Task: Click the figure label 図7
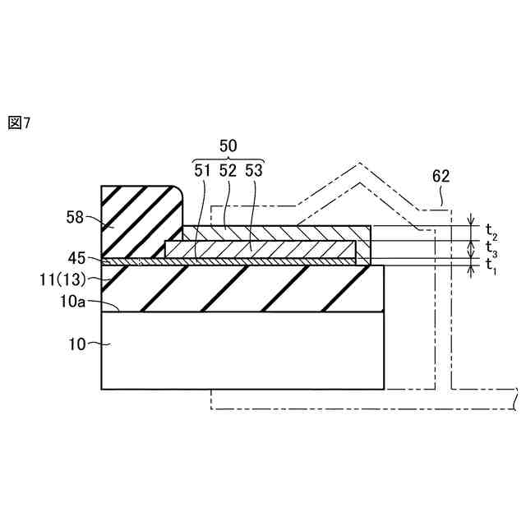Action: pyautogui.click(x=19, y=123)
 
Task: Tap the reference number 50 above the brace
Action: pyautogui.click(x=228, y=145)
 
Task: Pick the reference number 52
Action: pyautogui.click(x=228, y=171)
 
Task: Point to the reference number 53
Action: pyautogui.click(x=254, y=171)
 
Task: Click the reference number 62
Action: pyautogui.click(x=441, y=176)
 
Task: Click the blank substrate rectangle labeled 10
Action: pyautogui.click(x=242, y=349)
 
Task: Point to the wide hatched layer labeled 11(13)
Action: pyautogui.click(x=247, y=288)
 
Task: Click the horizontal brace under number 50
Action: pyautogui.click(x=228, y=159)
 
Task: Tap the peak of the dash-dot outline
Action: pyautogui.click(x=359, y=164)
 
